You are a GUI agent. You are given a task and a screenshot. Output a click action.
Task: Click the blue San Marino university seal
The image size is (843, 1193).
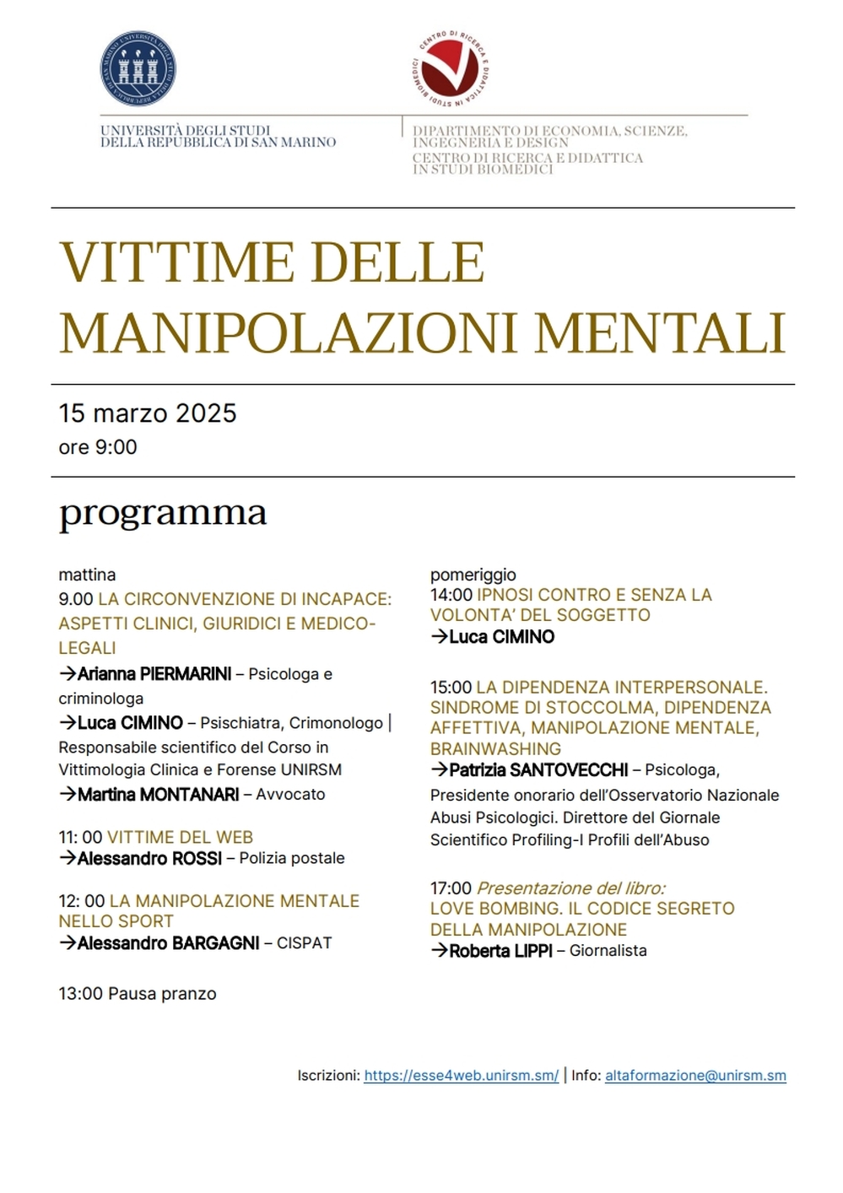point(138,69)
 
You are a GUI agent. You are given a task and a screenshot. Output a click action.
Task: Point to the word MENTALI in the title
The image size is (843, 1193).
point(660,332)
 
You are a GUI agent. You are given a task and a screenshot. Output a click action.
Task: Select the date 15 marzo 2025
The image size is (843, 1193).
point(148,413)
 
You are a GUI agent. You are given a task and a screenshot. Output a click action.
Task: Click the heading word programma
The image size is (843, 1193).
point(163,513)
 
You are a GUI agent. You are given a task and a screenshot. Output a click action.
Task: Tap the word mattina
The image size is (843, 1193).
point(87,575)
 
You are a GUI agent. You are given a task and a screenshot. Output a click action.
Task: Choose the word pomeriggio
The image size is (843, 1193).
point(473,575)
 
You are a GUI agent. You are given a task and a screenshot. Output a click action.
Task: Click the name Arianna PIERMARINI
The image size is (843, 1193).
point(154,674)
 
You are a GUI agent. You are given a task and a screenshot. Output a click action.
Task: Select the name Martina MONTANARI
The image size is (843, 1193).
point(158,794)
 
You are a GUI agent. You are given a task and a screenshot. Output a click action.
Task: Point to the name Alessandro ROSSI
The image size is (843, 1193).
point(149,858)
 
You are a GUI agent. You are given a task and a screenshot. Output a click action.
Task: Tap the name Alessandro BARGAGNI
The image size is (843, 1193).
point(168,943)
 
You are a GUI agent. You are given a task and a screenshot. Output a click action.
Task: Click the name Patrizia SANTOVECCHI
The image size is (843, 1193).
point(538,769)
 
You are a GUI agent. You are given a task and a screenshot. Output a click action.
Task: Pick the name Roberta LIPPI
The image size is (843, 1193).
point(500,951)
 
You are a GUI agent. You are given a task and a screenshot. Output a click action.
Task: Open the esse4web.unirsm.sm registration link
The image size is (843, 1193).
point(461,1076)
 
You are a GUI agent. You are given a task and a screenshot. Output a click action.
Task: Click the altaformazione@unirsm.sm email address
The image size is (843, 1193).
point(695,1076)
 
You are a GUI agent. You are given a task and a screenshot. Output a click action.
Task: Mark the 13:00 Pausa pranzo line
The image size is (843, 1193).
point(138,994)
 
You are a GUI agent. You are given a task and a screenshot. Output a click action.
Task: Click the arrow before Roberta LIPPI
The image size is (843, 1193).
point(439,951)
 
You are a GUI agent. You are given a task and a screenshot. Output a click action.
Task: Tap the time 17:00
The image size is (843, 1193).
point(451,888)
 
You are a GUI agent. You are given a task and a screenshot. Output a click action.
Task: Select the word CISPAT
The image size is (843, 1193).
point(304,943)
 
